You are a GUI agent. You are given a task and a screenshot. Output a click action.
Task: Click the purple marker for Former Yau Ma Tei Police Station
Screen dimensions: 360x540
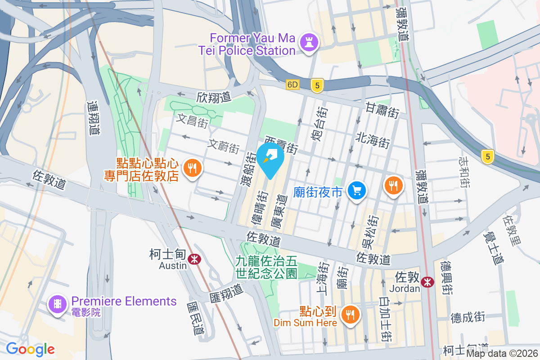pyautogui.click(x=310, y=43)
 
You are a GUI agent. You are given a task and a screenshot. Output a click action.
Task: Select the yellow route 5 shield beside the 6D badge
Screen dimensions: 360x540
pyautogui.click(x=317, y=85)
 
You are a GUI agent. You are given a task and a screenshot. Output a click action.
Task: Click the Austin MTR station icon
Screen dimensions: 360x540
pyautogui.click(x=194, y=259)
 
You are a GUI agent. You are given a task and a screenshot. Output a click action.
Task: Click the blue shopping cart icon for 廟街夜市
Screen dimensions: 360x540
pyautogui.click(x=357, y=191)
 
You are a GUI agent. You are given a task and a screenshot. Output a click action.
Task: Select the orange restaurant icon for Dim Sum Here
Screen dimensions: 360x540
pyautogui.click(x=350, y=314)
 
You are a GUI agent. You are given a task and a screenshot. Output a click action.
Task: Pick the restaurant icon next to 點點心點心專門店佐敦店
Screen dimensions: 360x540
pyautogui.click(x=193, y=168)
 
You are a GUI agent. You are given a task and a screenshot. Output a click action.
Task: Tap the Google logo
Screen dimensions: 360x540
pyautogui.click(x=30, y=349)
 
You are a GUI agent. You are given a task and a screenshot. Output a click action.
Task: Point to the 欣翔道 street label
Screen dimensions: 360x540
pyautogui.click(x=213, y=96)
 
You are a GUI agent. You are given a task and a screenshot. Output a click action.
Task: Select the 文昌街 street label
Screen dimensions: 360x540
pyautogui.click(x=192, y=120)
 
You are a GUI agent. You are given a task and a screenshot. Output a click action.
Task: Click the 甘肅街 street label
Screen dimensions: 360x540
pyautogui.click(x=382, y=109)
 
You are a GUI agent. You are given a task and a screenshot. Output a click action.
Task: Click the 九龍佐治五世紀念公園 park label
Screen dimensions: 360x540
pyautogui.click(x=266, y=267)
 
